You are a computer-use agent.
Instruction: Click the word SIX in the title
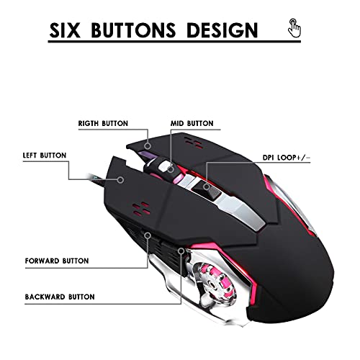(65, 30)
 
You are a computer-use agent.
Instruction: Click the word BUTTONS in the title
(133, 30)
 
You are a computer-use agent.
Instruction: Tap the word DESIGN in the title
(222, 30)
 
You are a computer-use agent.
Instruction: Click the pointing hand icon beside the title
(294, 28)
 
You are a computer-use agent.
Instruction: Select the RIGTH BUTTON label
(103, 123)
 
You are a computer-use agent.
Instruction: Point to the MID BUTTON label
(192, 123)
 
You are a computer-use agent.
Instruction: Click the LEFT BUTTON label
(45, 156)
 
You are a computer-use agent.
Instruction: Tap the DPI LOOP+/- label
(287, 158)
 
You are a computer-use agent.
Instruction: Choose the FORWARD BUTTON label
(57, 261)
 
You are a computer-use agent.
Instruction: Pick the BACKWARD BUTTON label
(60, 297)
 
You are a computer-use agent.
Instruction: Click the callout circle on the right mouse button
(148, 145)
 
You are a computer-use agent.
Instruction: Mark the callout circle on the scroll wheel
(171, 169)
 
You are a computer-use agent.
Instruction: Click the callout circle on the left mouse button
(121, 180)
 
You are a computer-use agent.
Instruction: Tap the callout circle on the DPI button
(206, 186)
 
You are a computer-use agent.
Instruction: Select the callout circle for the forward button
(148, 235)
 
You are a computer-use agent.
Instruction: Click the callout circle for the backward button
(181, 251)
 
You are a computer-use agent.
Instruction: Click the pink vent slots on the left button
(141, 208)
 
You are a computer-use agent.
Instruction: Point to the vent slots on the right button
(194, 143)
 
